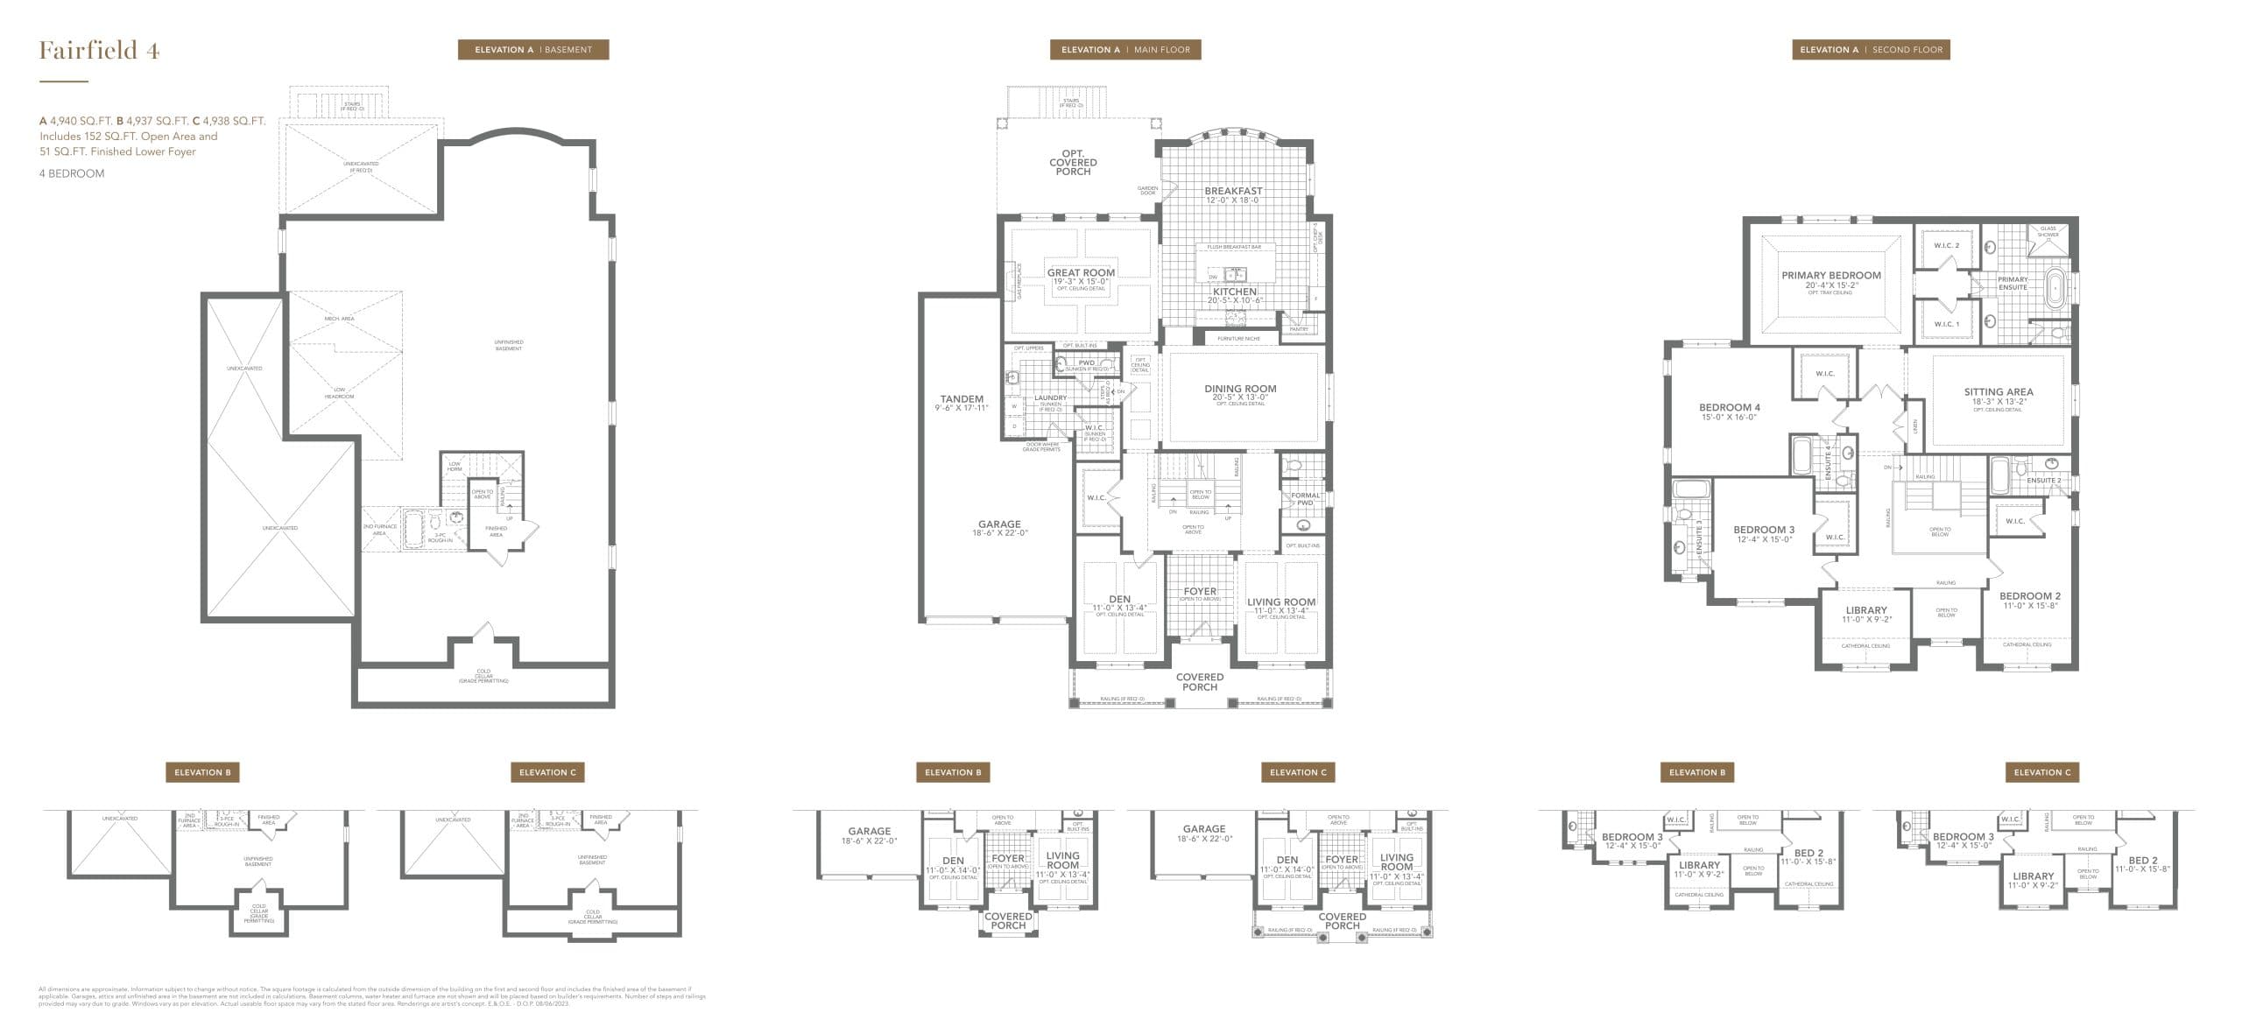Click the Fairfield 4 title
[99, 51]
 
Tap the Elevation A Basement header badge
[532, 50]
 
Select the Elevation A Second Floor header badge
[1871, 50]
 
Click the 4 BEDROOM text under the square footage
[72, 173]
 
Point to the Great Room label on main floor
[1081, 273]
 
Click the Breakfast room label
[1233, 191]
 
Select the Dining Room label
[1240, 389]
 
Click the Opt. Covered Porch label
[1073, 163]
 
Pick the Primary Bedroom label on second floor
[1830, 276]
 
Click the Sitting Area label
[1998, 392]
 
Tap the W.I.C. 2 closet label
[1946, 246]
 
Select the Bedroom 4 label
[1729, 408]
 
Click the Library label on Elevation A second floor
[1865, 611]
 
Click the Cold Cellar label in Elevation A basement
[483, 675]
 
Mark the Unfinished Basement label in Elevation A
[508, 345]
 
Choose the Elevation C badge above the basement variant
[547, 772]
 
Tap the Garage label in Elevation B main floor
[869, 832]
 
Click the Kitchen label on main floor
[1234, 292]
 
